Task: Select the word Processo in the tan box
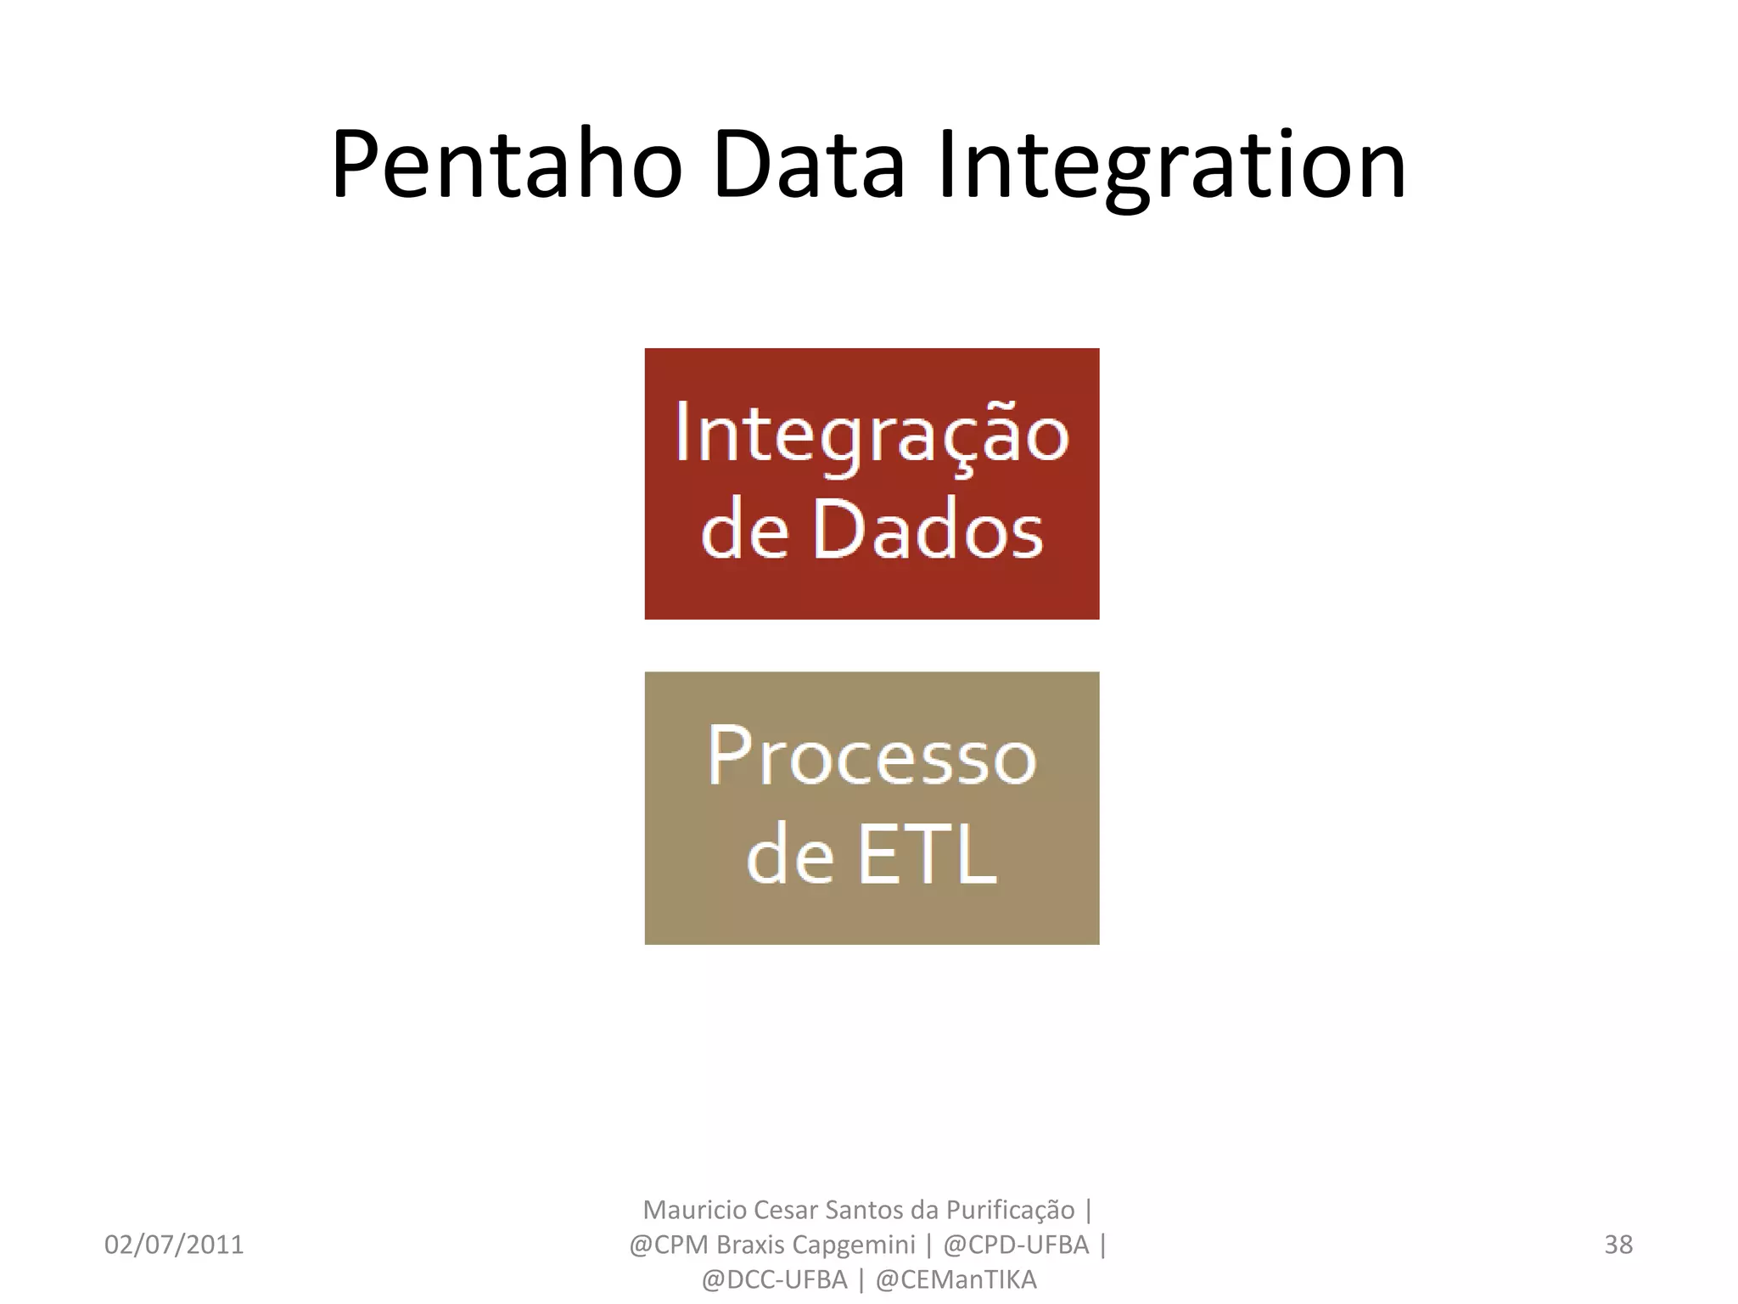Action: pyautogui.click(x=872, y=756)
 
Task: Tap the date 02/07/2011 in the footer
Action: pyautogui.click(x=174, y=1245)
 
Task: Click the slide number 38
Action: pyautogui.click(x=1618, y=1245)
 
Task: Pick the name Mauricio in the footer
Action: pyautogui.click(x=695, y=1209)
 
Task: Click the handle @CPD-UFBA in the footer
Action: pyautogui.click(x=1016, y=1245)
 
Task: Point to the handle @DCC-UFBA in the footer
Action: pyautogui.click(x=774, y=1279)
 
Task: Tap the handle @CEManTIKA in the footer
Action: pyautogui.click(x=956, y=1279)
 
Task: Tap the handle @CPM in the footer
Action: pyautogui.click(x=668, y=1245)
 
